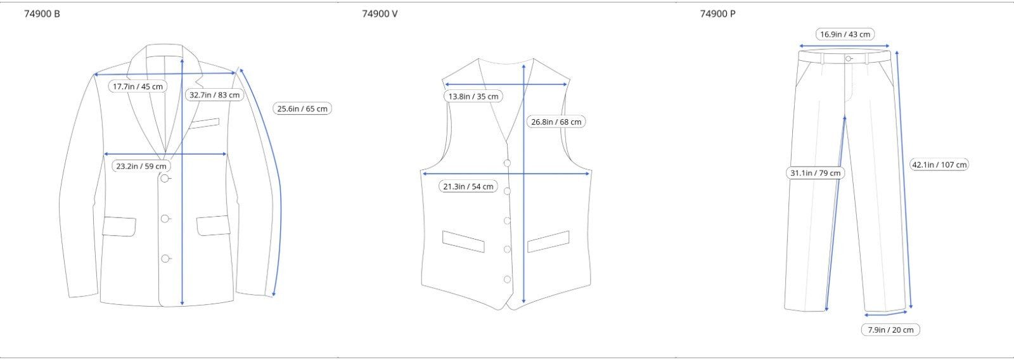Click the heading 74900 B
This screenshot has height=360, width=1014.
pyautogui.click(x=42, y=14)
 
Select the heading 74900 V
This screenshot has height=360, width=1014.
pyautogui.click(x=380, y=14)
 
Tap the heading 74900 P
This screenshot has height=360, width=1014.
pyautogui.click(x=717, y=14)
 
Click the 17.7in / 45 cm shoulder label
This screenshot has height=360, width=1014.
pyautogui.click(x=138, y=86)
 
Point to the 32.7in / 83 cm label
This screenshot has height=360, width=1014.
pyautogui.click(x=215, y=95)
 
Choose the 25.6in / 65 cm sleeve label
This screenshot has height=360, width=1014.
pyautogui.click(x=302, y=108)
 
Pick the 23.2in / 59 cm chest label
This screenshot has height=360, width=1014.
pyautogui.click(x=141, y=166)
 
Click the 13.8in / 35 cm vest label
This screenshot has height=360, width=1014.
pyautogui.click(x=473, y=96)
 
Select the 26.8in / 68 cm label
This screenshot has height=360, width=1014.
pyautogui.click(x=556, y=122)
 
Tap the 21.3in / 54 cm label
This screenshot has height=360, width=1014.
pyautogui.click(x=468, y=186)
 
